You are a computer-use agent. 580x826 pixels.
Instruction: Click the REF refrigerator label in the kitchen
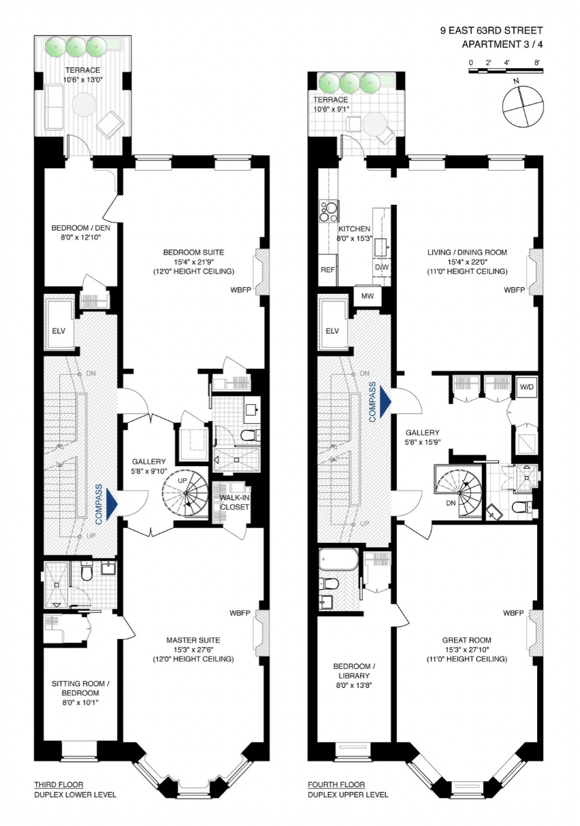pos(327,269)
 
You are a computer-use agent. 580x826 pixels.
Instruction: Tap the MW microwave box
pos(368,296)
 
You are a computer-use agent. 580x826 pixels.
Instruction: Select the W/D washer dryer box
pos(526,387)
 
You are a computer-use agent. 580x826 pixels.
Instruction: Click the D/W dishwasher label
pos(382,267)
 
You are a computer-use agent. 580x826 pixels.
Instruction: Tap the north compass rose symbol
pos(523,107)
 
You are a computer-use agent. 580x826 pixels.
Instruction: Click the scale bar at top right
pos(506,70)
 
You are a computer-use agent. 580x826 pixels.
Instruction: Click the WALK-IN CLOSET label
pos(235,502)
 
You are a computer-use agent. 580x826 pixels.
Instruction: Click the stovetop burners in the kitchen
pos(329,212)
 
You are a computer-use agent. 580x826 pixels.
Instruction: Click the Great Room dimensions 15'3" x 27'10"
pos(467,649)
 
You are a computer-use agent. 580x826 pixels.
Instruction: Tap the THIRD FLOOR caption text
pos(59,784)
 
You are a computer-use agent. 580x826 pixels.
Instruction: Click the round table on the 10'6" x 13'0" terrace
pos(84,105)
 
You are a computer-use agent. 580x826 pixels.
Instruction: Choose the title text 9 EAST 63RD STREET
pos(492,31)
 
